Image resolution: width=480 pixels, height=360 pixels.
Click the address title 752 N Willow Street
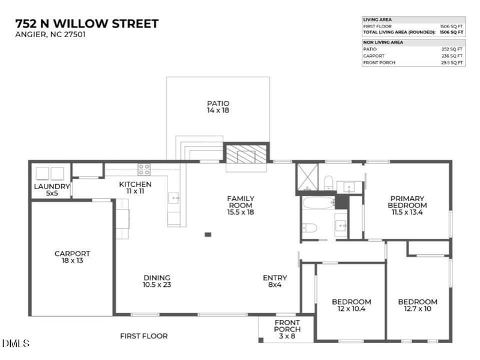click(x=86, y=24)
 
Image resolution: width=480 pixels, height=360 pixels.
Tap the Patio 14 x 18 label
click(x=218, y=107)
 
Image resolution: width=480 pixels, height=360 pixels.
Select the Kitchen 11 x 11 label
click(x=135, y=187)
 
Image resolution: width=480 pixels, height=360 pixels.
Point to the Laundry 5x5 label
click(x=52, y=190)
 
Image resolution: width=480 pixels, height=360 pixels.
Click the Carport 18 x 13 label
click(x=72, y=257)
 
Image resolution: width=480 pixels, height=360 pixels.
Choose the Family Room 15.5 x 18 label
click(x=240, y=205)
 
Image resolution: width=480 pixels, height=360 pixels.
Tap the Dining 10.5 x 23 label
click(x=157, y=281)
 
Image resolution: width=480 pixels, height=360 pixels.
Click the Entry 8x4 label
click(x=275, y=281)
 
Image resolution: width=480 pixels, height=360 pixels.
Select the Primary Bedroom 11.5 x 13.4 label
click(x=407, y=205)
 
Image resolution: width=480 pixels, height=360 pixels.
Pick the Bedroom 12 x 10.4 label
click(x=352, y=305)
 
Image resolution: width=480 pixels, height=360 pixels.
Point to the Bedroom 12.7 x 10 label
click(x=418, y=305)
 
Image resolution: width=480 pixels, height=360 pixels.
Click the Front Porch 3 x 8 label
click(x=287, y=329)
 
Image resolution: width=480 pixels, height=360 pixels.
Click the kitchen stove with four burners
click(x=144, y=169)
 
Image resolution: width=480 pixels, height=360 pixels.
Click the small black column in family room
click(x=208, y=234)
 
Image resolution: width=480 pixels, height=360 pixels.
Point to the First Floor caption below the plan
click(x=143, y=336)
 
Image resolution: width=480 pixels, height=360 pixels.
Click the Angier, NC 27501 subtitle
click(x=50, y=35)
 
